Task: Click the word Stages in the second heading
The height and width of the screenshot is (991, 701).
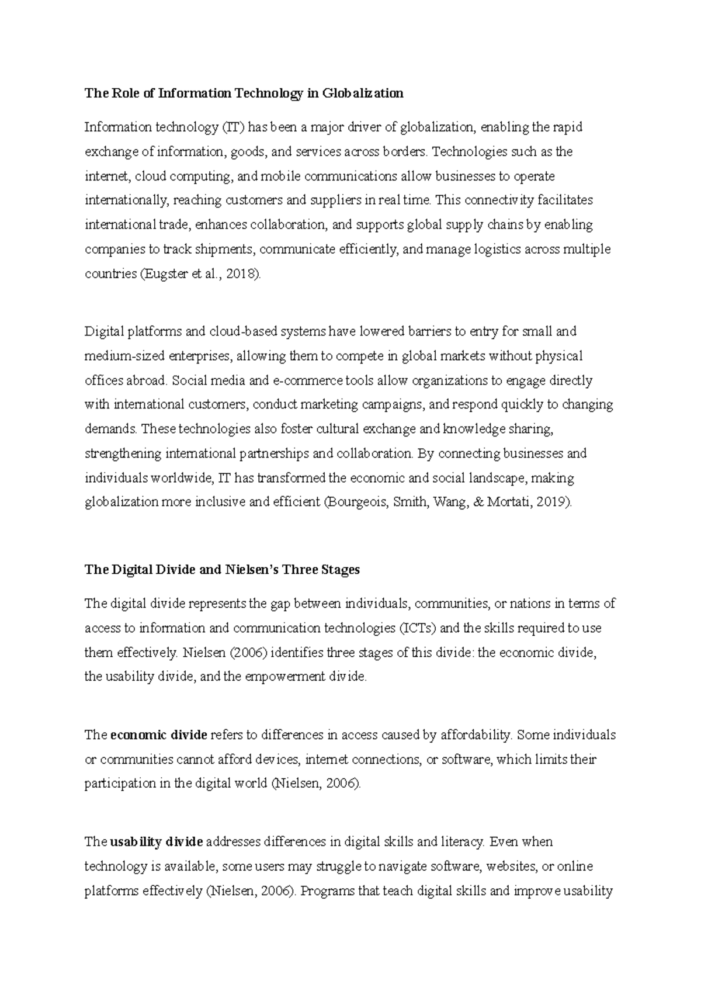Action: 340,570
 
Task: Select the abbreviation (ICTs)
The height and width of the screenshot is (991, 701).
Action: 418,629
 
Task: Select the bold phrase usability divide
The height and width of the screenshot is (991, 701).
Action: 157,843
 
